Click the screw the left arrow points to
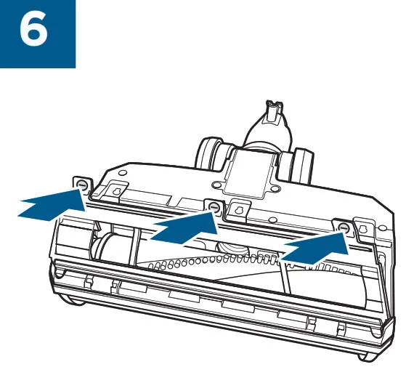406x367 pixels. [81, 186]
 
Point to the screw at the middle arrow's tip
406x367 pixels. [214, 208]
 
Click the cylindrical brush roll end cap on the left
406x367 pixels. [109, 251]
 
